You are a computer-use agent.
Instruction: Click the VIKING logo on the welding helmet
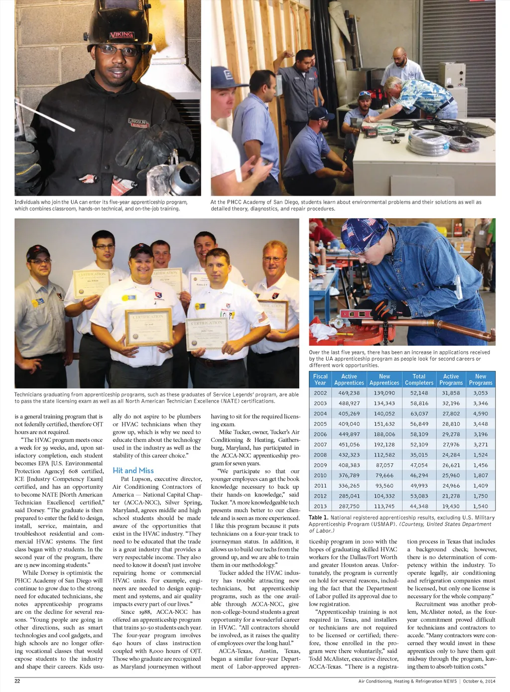121,34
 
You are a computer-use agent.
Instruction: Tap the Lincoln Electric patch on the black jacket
138,123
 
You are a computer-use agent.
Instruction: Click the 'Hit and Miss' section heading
133,470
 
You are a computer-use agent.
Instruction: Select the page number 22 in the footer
17,681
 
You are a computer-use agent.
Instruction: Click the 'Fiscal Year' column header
320,380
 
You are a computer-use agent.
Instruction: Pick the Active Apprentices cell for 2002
349,393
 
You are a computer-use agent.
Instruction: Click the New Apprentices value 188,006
384,434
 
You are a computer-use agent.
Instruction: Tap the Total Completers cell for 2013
419,506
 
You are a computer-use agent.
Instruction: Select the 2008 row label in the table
320,455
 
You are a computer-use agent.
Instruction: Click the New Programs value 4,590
480,414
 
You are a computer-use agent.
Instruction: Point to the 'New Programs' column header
480,380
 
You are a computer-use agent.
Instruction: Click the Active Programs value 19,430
451,506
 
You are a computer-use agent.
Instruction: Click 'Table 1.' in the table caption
318,518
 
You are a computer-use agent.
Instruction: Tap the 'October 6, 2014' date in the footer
479,681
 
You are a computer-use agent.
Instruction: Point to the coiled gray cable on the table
429,142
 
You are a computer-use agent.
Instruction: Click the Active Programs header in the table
451,380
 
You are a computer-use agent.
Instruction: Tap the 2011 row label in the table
320,486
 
